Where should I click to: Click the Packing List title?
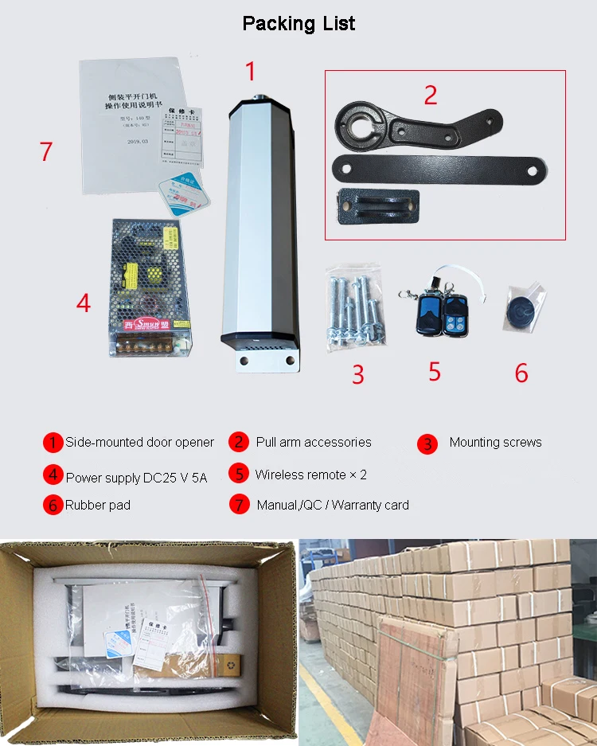coord(298,24)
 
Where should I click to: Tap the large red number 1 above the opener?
coord(251,72)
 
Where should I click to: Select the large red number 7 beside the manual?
coord(46,151)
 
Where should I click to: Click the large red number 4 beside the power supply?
coord(84,303)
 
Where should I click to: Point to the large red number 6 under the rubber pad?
coord(521,373)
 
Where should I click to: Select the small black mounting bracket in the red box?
coord(378,209)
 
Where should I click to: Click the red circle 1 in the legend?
coord(53,443)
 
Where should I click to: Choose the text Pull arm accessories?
coord(314,442)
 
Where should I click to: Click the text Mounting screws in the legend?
coord(495,442)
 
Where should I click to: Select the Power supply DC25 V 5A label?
coord(136,478)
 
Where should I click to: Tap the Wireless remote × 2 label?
coord(310,475)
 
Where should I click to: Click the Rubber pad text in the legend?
coord(98,505)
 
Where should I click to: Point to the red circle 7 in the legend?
coord(239,505)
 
